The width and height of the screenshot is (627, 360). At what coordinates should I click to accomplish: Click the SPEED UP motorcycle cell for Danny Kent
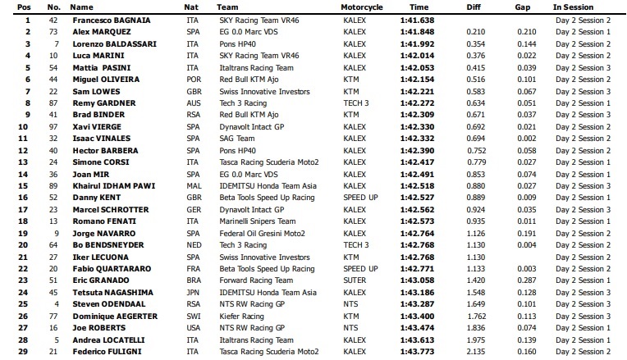(x=361, y=198)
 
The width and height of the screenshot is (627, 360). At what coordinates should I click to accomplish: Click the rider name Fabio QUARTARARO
(x=109, y=269)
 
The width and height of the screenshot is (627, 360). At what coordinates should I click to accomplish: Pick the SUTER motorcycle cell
(x=355, y=280)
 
